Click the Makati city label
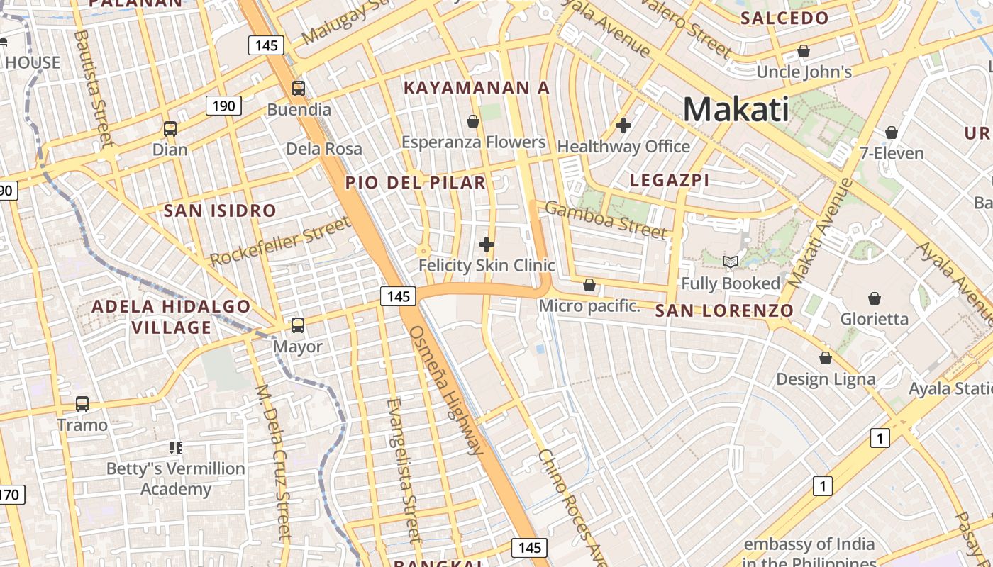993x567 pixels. click(736, 110)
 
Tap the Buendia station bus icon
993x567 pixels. click(299, 89)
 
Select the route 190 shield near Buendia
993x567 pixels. click(223, 106)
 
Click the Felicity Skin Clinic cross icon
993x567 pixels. click(487, 245)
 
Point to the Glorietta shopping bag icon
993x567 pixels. click(875, 298)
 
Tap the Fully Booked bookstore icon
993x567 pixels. click(731, 262)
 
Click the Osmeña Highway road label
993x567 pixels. click(447, 390)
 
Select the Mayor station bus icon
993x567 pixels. click(298, 325)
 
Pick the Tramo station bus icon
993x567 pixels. click(82, 404)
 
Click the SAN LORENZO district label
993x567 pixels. click(723, 310)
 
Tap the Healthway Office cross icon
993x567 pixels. click(623, 125)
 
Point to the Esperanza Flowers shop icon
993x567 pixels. click(473, 122)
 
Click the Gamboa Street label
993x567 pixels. click(606, 220)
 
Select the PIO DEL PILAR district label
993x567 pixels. click(416, 183)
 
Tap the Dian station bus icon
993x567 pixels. click(170, 129)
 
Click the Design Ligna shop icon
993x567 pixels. click(826, 359)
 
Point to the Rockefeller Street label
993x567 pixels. click(281, 242)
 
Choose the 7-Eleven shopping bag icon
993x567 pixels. click(892, 133)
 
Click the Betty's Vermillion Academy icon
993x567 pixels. click(176, 447)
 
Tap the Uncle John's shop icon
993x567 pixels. click(804, 51)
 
